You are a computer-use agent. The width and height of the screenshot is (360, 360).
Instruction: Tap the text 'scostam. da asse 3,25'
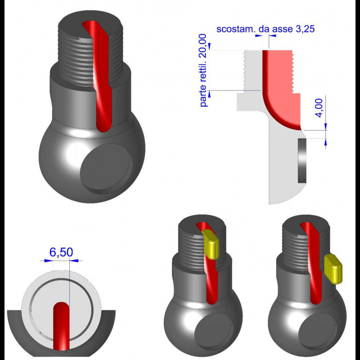tap(265, 29)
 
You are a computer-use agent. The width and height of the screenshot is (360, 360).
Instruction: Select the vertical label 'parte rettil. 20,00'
tap(203, 70)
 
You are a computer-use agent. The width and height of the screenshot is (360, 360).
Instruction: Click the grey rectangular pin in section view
tap(302, 160)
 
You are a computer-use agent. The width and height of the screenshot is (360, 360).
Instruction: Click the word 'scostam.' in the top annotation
tap(234, 29)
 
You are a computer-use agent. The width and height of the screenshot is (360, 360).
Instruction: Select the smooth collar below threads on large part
tap(67, 99)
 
